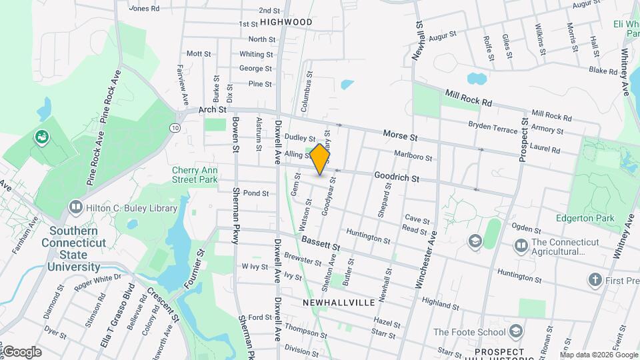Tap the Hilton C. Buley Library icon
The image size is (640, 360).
click(74, 208)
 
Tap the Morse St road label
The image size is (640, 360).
click(400, 136)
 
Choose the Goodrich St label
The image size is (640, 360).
click(396, 178)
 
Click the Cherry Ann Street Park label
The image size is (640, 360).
click(195, 175)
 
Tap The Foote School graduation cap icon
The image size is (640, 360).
click(517, 331)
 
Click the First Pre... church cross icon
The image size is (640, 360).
click(595, 280)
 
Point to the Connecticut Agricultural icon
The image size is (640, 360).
click(521, 247)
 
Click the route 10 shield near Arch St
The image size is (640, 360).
click(175, 127)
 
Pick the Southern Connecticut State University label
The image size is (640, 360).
click(73, 249)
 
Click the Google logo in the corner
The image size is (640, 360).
click(22, 352)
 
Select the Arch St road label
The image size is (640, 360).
click(213, 109)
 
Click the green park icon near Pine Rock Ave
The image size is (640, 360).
click(42, 137)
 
